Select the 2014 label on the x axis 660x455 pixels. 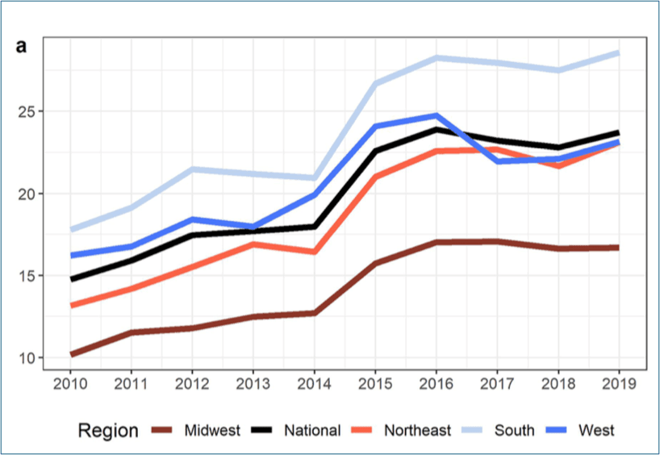click(x=314, y=382)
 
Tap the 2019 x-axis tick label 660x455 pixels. click(x=619, y=382)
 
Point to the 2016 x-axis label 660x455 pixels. click(x=437, y=382)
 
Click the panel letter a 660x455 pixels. click(x=22, y=46)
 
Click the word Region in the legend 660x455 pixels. click(x=108, y=431)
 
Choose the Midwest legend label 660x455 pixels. click(x=211, y=431)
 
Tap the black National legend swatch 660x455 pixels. click(x=260, y=431)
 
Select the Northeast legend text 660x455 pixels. click(x=417, y=431)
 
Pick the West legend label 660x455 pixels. click(x=596, y=431)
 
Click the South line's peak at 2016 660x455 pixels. click(x=437, y=57)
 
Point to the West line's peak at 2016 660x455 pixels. click(x=437, y=115)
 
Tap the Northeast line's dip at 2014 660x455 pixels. click(x=314, y=252)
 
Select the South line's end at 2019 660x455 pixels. click(x=619, y=52)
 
